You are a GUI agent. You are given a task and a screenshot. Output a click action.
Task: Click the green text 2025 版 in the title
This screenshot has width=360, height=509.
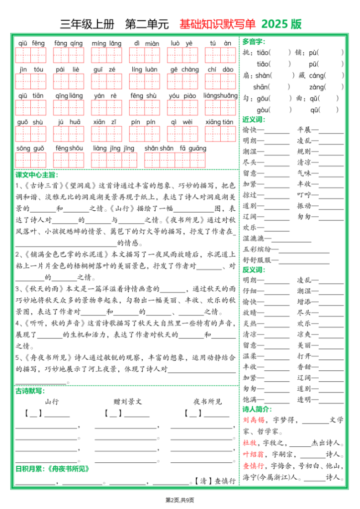tap(281, 24)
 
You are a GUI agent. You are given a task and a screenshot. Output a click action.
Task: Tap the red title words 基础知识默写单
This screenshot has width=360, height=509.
tap(217, 24)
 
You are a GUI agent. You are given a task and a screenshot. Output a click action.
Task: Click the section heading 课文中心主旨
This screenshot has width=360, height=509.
tap(36, 174)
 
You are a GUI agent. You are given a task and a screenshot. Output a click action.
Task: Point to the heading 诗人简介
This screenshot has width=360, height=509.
tap(257, 409)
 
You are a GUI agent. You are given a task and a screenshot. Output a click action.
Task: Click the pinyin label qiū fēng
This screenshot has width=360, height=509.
tap(31, 43)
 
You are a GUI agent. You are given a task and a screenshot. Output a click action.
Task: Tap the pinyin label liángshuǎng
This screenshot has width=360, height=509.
tap(220, 95)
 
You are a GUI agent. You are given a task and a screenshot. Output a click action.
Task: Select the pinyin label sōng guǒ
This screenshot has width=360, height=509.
tap(30, 148)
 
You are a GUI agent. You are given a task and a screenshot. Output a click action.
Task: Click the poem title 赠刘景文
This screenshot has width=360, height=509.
tap(128, 402)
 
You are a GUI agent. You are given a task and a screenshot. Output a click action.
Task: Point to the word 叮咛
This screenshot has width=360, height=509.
tap(304, 194)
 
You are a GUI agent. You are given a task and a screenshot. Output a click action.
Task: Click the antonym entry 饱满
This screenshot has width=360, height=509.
tap(250, 399)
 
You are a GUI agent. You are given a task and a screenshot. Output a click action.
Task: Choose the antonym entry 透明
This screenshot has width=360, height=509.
tap(304, 399)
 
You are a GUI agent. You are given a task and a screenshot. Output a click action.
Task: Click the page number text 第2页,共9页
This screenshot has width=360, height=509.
tap(180, 500)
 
